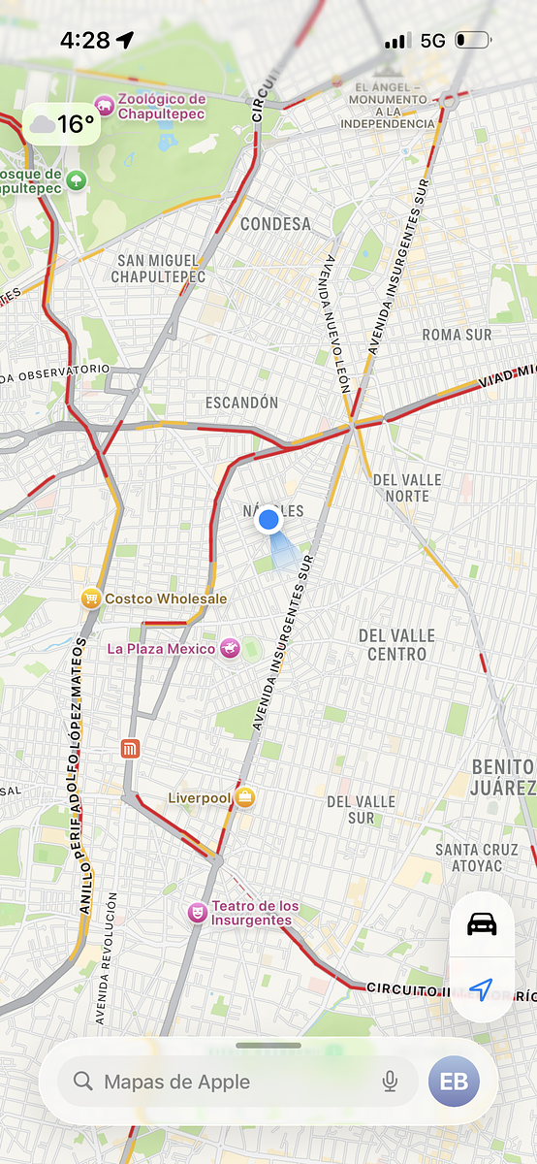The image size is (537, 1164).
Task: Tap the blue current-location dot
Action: pyautogui.click(x=268, y=521)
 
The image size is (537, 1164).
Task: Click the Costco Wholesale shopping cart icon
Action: pyautogui.click(x=91, y=598)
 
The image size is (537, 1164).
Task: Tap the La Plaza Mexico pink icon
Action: pyautogui.click(x=230, y=648)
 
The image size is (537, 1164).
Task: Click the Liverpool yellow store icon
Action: pyautogui.click(x=246, y=797)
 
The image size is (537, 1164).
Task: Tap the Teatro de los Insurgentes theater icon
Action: pyautogui.click(x=198, y=913)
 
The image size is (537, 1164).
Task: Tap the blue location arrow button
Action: pyautogui.click(x=482, y=988)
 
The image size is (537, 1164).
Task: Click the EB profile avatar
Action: pyautogui.click(x=454, y=1082)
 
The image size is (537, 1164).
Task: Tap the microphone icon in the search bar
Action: pyautogui.click(x=390, y=1082)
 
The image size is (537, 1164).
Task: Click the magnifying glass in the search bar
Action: pyautogui.click(x=83, y=1082)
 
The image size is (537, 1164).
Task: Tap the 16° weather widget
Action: pyautogui.click(x=62, y=124)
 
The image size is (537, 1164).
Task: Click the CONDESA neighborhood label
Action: pyautogui.click(x=276, y=224)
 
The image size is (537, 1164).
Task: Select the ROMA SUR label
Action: pyautogui.click(x=457, y=335)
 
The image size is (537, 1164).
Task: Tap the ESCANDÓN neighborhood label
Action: pyautogui.click(x=241, y=403)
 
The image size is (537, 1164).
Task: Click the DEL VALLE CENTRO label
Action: pyautogui.click(x=397, y=644)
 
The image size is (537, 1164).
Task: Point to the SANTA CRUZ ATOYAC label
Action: pyautogui.click(x=476, y=858)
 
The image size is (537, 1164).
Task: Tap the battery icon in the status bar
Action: pyautogui.click(x=474, y=41)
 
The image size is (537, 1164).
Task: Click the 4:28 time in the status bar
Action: pyautogui.click(x=84, y=41)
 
